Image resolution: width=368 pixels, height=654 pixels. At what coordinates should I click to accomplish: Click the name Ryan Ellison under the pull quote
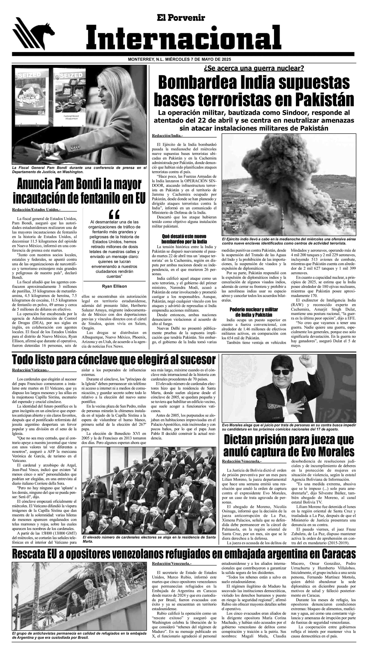[114, 286]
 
